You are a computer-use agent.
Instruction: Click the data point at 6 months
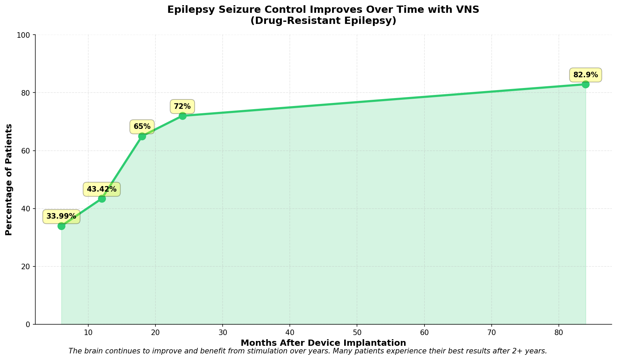[x=61, y=226]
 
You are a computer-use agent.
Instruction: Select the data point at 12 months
[x=102, y=199]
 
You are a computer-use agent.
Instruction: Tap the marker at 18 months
[x=142, y=136]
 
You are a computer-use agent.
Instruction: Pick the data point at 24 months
[x=182, y=116]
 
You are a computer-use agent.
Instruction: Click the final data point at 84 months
[x=585, y=84]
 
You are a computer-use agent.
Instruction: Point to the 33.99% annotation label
[x=61, y=217]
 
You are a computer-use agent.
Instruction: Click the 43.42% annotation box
[x=102, y=189]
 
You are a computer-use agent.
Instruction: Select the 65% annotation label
[x=142, y=127]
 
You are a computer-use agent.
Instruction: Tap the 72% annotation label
[x=182, y=106]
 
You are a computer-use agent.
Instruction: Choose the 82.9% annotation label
[x=585, y=75]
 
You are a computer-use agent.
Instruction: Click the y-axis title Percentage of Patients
[x=9, y=179]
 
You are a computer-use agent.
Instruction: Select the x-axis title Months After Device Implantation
[x=323, y=343]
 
